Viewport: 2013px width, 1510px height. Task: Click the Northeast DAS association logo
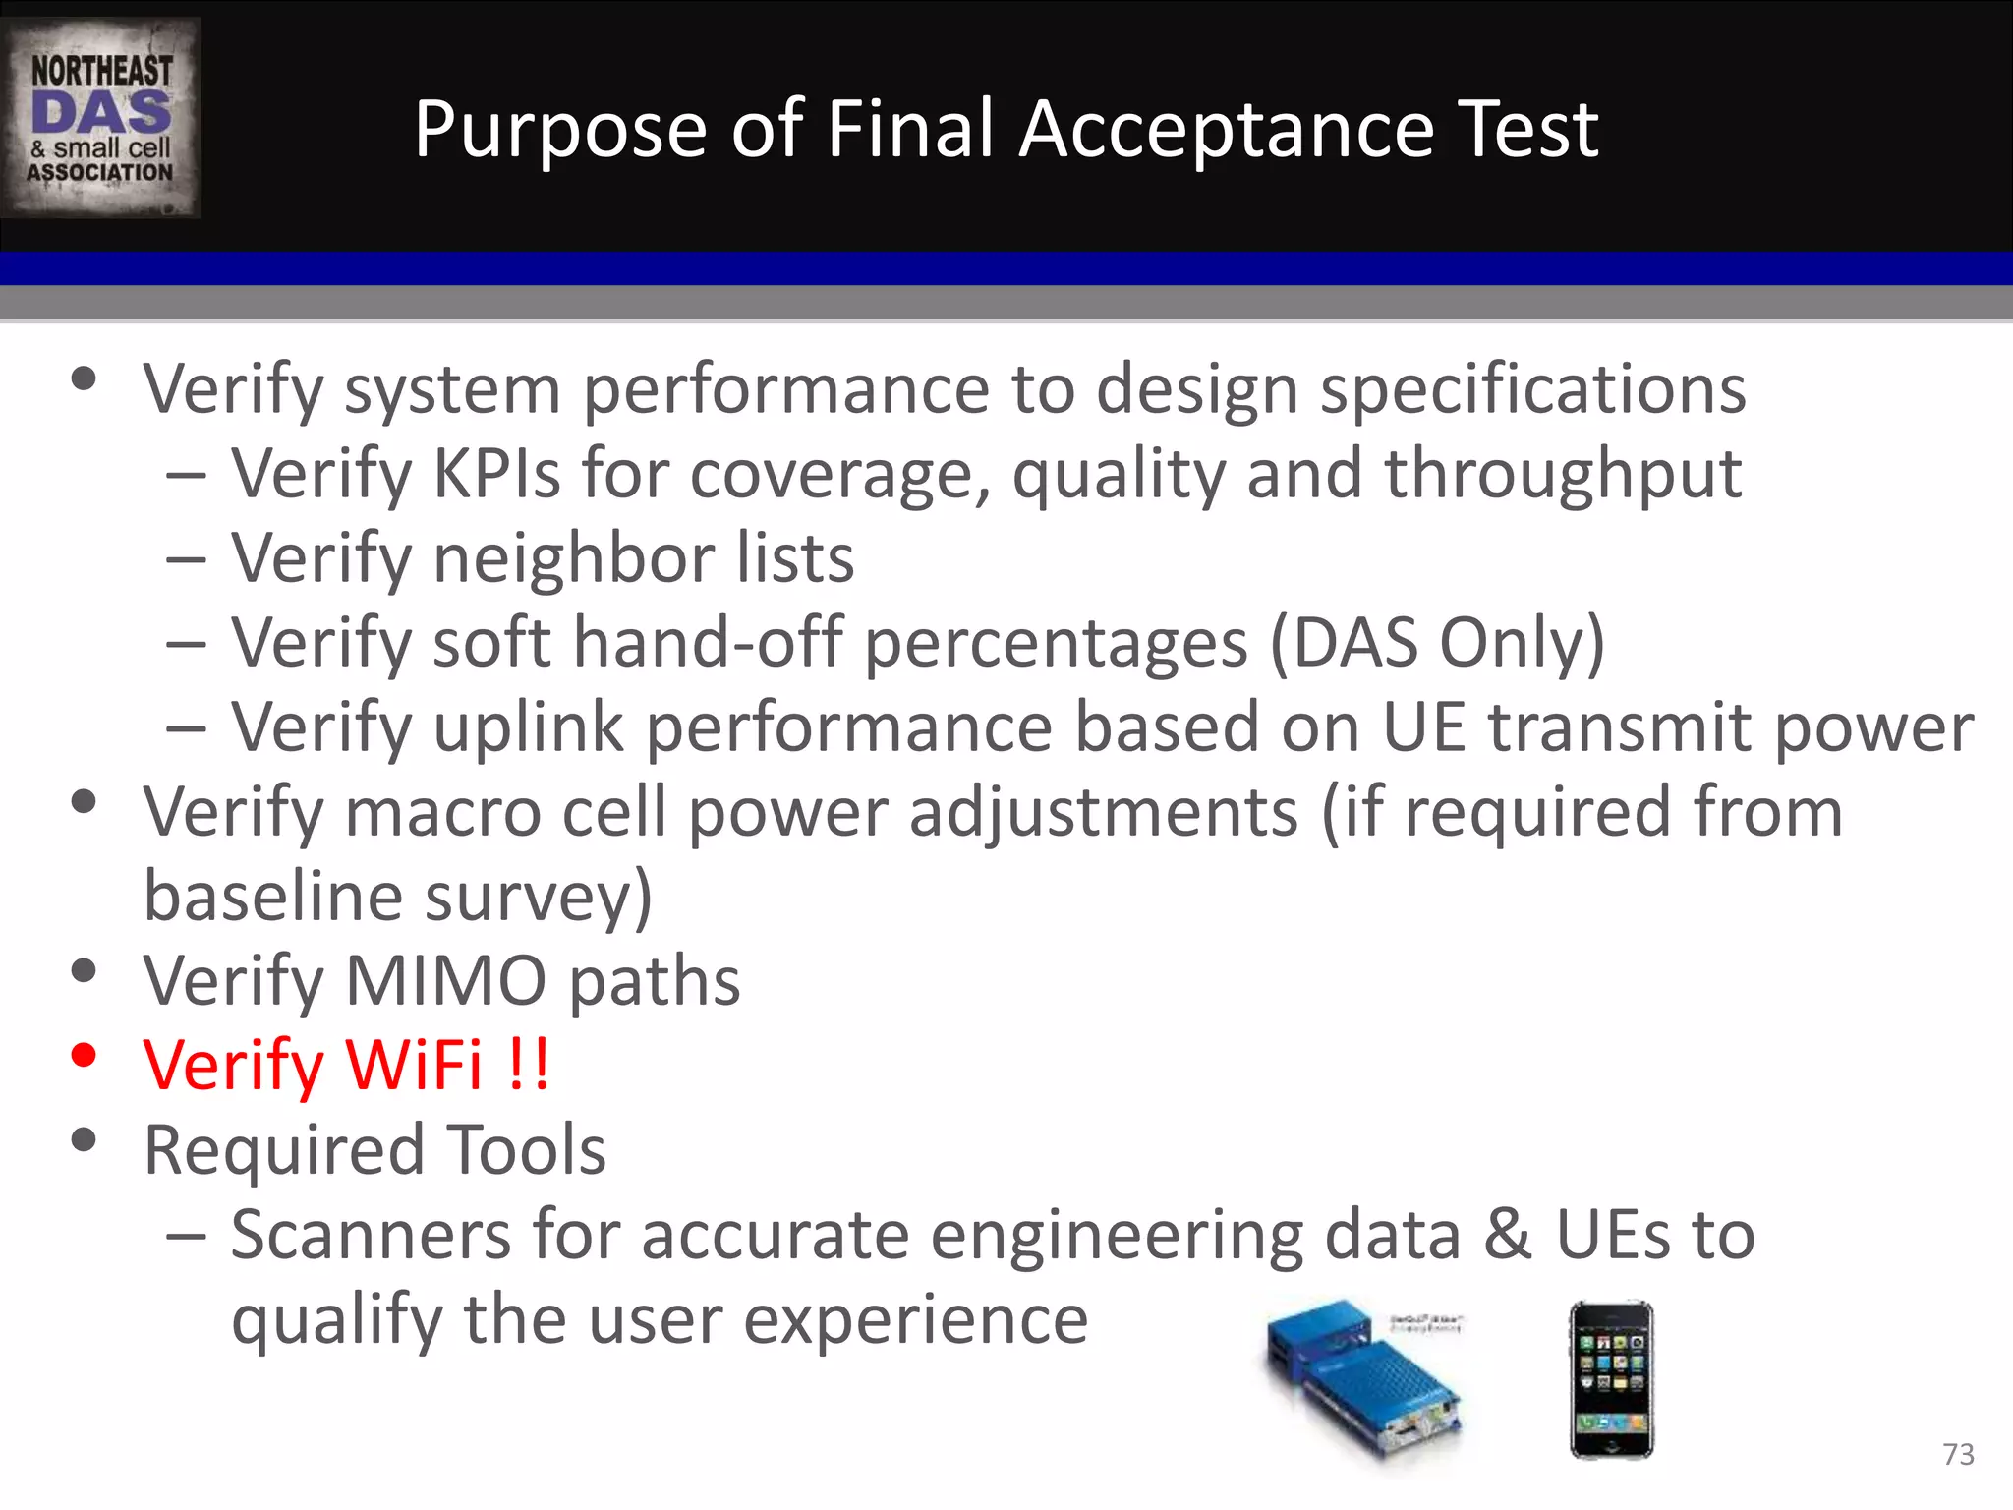tap(100, 118)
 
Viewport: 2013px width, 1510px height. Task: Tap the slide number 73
tap(1958, 1454)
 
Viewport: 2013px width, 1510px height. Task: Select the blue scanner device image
tap(1366, 1381)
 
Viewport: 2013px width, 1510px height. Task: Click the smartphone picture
tap(1612, 1378)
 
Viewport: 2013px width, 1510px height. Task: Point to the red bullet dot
tap(85, 1056)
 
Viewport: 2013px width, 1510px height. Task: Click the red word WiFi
tap(413, 1066)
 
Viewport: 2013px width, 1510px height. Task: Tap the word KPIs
tap(496, 475)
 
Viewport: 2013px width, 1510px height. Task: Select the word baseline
tap(273, 897)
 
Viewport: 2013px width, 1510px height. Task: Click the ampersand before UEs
tap(1507, 1235)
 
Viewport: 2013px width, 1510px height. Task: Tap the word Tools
tap(527, 1150)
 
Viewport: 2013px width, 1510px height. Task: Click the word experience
tap(915, 1320)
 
